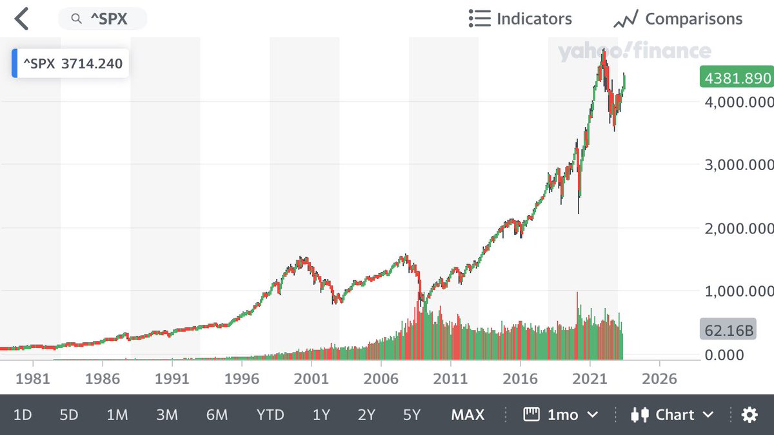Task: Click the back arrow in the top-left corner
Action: [22, 19]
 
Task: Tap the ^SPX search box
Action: [103, 19]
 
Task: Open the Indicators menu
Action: [521, 19]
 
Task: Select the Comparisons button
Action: [679, 19]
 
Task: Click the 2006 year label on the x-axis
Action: [381, 378]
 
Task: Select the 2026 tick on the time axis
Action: [660, 378]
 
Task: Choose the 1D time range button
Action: [23, 414]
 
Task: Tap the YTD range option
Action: [270, 414]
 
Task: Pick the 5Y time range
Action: [412, 414]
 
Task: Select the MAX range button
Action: [468, 414]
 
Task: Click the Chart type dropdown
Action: [672, 414]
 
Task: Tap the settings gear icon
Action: [749, 414]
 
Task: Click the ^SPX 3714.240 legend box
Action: [71, 64]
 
